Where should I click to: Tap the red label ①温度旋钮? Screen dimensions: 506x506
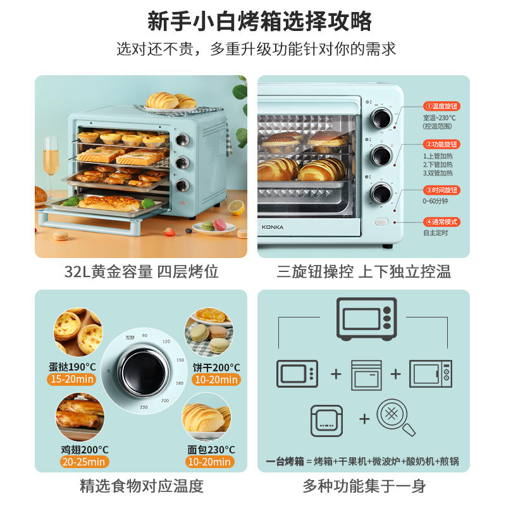441,106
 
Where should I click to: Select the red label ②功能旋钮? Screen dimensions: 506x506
441,144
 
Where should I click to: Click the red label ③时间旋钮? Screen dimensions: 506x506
441,190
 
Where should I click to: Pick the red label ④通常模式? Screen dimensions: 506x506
441,222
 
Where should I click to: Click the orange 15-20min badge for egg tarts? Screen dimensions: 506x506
71,379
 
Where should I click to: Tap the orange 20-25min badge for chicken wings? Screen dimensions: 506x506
71,462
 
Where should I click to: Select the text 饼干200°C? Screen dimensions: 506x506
216,367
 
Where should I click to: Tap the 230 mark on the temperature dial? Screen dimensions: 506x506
144,407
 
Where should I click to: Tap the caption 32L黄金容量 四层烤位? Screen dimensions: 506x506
141,272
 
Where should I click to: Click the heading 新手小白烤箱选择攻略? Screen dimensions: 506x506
253,21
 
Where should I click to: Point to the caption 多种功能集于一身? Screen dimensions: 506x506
364,486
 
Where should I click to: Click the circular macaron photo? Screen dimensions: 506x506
208,334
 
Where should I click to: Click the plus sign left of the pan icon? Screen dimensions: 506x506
364,419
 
